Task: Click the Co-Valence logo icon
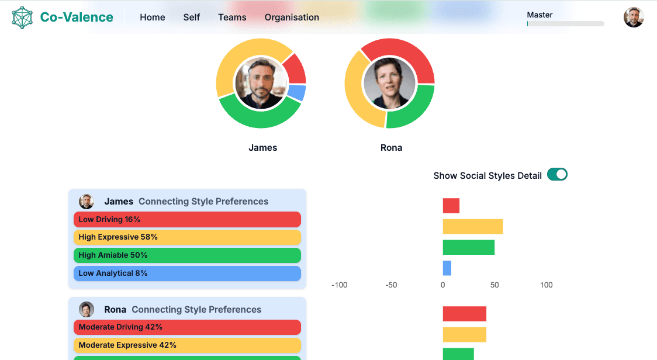coord(22,18)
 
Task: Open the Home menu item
coord(153,18)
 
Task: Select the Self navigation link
coord(192,18)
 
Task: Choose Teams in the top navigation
coord(232,18)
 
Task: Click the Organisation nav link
coord(292,18)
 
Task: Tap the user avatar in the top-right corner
coord(634,18)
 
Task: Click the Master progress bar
coord(565,24)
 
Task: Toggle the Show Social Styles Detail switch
coord(557,175)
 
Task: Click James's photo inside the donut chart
coord(261,83)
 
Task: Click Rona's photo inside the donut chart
coord(390,83)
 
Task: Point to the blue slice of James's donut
coord(298,92)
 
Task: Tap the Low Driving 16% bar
coord(187,220)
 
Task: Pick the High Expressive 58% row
coord(187,237)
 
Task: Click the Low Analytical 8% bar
coord(187,274)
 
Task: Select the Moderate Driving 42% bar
coord(187,327)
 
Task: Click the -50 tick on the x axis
coord(391,285)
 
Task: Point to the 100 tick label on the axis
coord(546,285)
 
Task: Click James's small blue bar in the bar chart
coord(447,268)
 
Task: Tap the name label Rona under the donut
coord(391,148)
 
